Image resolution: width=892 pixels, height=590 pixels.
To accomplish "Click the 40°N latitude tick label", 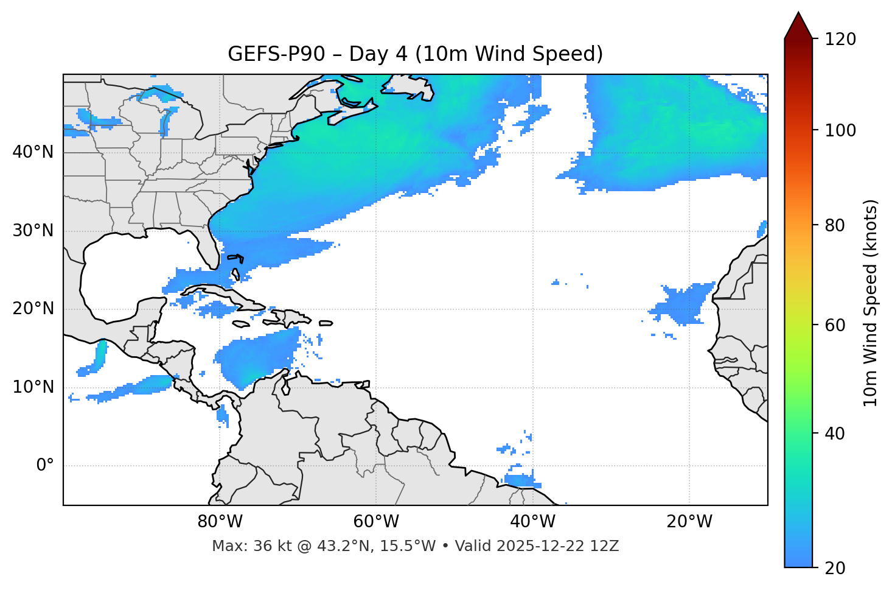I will point(33,152).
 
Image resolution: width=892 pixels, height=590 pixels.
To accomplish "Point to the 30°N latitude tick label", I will point(33,231).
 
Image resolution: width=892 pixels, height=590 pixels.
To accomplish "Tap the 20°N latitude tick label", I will point(33,309).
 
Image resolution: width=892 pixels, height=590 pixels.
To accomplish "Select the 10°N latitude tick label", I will point(33,387).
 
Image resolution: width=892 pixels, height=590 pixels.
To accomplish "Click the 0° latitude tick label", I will point(45,466).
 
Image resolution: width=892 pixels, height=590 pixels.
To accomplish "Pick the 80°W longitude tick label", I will point(220,522).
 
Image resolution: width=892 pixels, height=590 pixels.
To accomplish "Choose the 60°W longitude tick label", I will point(376,522).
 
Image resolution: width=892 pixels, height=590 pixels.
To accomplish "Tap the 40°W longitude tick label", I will point(532,522).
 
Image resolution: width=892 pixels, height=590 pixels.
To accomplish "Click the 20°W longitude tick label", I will point(689,522).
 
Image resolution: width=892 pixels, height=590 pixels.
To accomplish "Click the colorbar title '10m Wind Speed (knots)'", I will point(871,303).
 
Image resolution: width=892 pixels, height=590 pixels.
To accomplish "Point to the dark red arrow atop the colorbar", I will point(798,26).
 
